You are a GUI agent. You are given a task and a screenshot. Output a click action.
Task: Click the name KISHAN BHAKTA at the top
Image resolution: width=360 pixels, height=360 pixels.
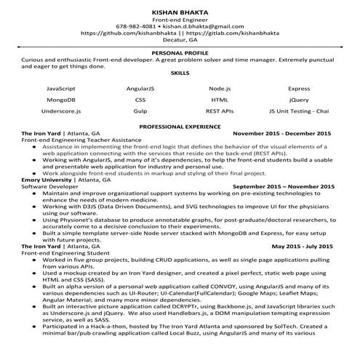[x=180, y=13]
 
